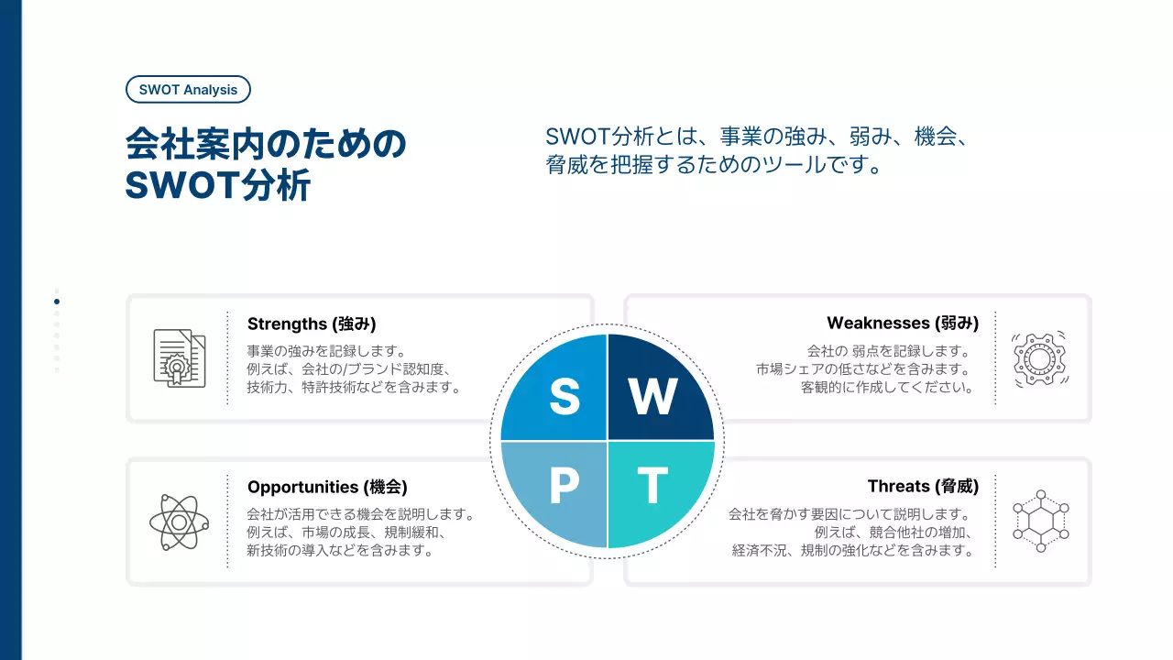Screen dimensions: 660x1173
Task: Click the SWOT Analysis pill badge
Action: tap(188, 89)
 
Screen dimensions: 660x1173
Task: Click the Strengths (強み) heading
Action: tap(312, 324)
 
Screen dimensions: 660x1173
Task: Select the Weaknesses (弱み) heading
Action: tap(902, 323)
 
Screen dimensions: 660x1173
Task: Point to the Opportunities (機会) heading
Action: tap(327, 487)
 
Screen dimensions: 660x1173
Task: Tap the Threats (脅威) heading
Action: tap(923, 487)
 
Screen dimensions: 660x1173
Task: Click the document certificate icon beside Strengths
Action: tap(179, 357)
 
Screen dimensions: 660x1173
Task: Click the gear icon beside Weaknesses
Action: tap(1040, 357)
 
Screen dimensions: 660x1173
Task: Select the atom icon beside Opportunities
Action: tap(179, 522)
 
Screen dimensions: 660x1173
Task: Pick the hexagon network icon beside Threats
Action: tap(1040, 521)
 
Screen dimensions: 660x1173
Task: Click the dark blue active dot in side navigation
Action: tap(57, 302)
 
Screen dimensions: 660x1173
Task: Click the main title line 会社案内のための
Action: tap(265, 146)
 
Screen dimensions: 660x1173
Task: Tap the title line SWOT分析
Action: tap(218, 185)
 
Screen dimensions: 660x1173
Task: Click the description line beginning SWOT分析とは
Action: tap(757, 137)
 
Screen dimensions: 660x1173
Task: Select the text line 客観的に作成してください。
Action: tap(885, 387)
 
